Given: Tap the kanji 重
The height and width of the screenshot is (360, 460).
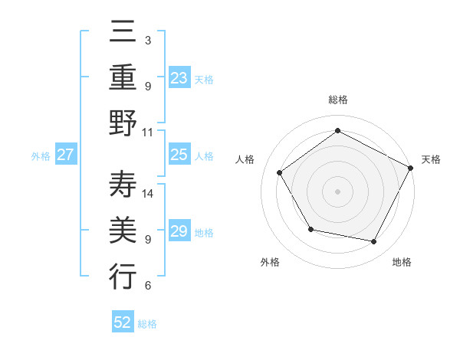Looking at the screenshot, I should [x=123, y=78].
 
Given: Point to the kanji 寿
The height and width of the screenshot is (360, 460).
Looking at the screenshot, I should [x=123, y=185].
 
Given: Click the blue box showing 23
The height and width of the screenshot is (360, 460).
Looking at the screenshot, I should [x=179, y=78].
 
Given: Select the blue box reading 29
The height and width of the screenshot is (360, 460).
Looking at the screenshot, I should [x=179, y=231].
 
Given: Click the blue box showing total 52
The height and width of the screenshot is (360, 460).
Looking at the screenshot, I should [x=123, y=323].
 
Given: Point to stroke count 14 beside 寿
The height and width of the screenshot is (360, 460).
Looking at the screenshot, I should [x=149, y=193].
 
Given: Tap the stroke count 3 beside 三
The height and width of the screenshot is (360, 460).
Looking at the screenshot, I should [x=148, y=39].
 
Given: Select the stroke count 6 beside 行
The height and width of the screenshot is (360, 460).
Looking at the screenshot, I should [x=148, y=286].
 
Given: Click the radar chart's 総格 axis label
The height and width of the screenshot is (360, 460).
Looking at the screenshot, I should [x=337, y=100].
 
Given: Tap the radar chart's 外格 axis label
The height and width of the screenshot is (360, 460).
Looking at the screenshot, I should [x=270, y=262].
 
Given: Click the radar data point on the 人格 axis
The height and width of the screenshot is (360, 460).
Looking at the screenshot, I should [x=280, y=172].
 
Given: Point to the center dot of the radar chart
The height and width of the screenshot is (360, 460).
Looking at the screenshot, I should [x=337, y=191].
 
